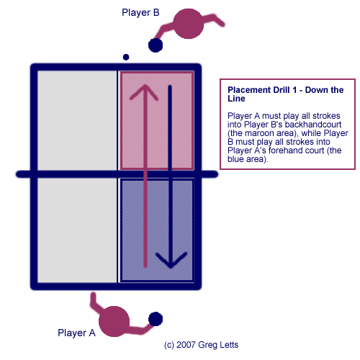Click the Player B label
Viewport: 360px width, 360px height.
pyautogui.click(x=140, y=12)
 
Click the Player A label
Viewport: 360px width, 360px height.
pyautogui.click(x=76, y=333)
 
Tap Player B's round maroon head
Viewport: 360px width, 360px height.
pyautogui.click(x=189, y=24)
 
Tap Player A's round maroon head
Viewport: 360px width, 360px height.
pyautogui.click(x=114, y=321)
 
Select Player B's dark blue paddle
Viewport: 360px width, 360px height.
pyautogui.click(x=156, y=45)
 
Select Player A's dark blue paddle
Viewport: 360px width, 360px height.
pyautogui.click(x=156, y=319)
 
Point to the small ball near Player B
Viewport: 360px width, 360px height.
pyautogui.click(x=126, y=57)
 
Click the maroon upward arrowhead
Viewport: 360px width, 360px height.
pyautogui.click(x=145, y=92)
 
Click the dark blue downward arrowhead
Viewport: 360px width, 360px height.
pyautogui.click(x=171, y=260)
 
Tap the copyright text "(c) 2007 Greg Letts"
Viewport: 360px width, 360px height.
pyautogui.click(x=201, y=345)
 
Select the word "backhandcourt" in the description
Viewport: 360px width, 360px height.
pyautogui.click(x=313, y=125)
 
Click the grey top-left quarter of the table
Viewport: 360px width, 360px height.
pyautogui.click(x=77, y=120)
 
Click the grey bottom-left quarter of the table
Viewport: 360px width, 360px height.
pyautogui.click(x=77, y=230)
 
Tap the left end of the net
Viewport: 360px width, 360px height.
pyautogui.click(x=17, y=174)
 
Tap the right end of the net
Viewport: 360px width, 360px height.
pyautogui.click(x=217, y=174)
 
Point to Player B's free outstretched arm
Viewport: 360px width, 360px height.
pyautogui.click(x=214, y=19)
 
